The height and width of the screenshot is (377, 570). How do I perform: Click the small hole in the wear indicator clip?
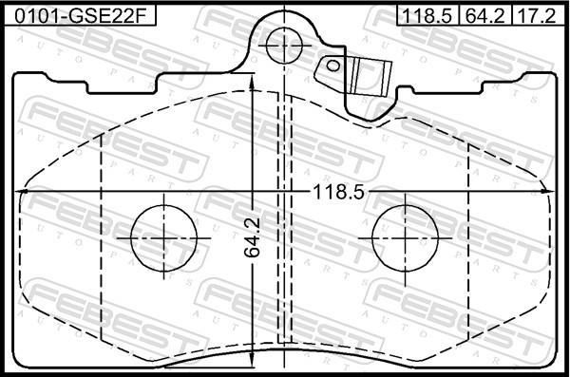pos(333,66)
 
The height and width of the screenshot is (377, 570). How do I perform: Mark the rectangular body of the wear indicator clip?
pos(370,76)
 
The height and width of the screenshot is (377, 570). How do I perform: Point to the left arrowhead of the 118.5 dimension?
pos(23,193)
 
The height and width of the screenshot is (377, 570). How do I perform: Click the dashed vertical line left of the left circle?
pos(102,237)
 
